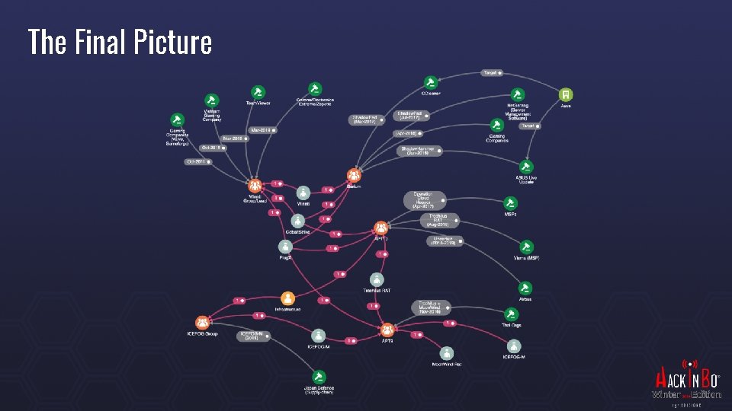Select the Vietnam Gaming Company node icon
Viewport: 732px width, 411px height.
pos(212,100)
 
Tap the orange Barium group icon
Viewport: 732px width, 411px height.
pos(353,175)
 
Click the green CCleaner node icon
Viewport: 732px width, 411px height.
pos(430,82)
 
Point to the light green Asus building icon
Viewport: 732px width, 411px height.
pos(565,94)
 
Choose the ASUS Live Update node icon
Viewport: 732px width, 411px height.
pos(526,166)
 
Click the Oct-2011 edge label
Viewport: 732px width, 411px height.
pos(196,161)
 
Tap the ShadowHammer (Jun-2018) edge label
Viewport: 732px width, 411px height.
pos(416,150)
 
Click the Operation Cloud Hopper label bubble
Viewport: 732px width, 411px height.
pos(423,199)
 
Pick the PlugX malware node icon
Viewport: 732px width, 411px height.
pos(284,246)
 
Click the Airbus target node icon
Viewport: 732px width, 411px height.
pos(525,287)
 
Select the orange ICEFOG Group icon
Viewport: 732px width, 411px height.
pos(201,323)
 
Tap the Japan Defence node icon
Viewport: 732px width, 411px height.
pos(319,376)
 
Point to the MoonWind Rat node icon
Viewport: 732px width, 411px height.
pos(447,352)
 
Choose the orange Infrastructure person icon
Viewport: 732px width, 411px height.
pos(287,298)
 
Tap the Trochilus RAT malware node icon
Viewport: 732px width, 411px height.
pos(377,280)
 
